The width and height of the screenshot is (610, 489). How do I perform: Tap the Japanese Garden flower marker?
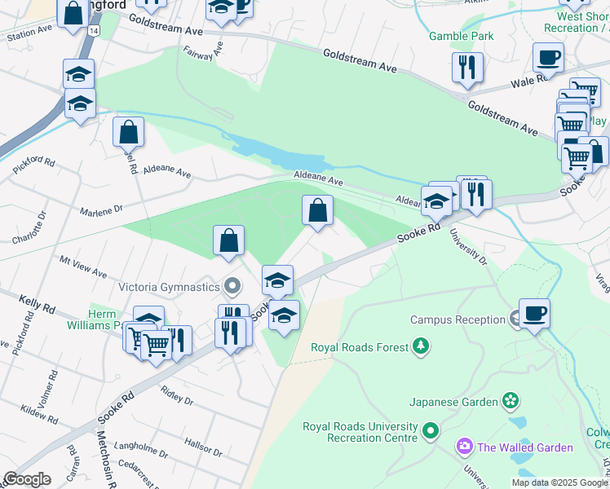tap(511, 401)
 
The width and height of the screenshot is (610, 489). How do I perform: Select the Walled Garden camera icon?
tap(465, 447)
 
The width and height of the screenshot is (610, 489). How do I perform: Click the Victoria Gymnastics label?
tap(170, 287)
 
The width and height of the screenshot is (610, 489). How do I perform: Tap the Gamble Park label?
tap(462, 36)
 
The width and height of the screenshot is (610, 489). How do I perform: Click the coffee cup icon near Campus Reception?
tap(534, 314)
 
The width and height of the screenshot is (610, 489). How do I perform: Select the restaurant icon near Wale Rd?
tap(467, 68)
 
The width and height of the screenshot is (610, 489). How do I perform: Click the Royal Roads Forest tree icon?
tap(421, 348)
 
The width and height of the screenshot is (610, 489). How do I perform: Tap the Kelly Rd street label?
tap(37, 306)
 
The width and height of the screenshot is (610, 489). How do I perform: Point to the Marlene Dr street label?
tap(100, 212)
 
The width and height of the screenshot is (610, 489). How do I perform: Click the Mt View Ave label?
tap(83, 267)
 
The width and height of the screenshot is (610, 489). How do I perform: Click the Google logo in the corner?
tap(26, 479)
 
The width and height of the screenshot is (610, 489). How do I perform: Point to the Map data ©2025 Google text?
tap(558, 482)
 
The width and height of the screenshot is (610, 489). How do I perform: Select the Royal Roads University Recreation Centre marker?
tap(431, 430)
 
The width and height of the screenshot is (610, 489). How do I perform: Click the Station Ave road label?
tap(29, 32)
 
